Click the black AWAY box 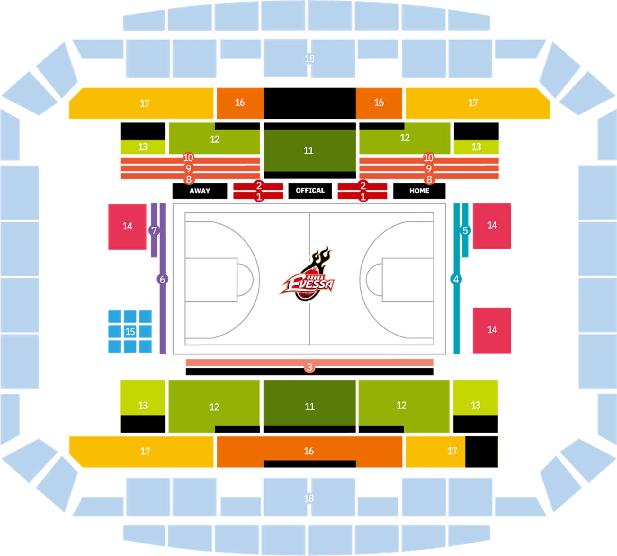(x=200, y=191)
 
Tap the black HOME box (x=419, y=191)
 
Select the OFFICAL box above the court (x=310, y=191)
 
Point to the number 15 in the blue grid (x=130, y=332)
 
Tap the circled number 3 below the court (x=309, y=367)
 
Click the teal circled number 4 (x=456, y=279)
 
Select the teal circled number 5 (x=465, y=230)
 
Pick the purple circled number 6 (x=163, y=279)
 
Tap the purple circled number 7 (x=154, y=230)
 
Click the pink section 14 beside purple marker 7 (x=127, y=227)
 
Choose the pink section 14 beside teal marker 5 (x=492, y=226)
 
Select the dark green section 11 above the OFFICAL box (x=310, y=150)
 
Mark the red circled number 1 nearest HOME (x=363, y=196)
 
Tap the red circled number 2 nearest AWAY (x=259, y=185)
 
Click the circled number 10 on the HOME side (x=428, y=157)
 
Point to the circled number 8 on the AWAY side (x=189, y=179)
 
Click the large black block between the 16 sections (x=310, y=103)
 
